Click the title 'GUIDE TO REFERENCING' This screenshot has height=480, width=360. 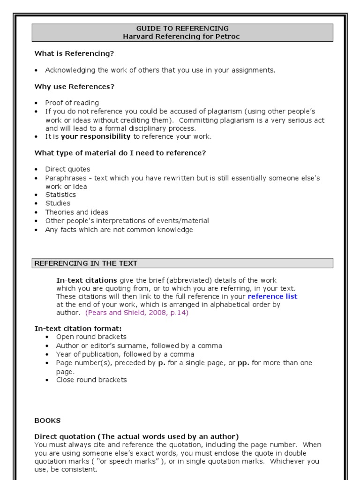(182, 29)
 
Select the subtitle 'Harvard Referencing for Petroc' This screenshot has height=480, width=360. (182, 37)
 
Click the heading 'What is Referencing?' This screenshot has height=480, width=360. (74, 53)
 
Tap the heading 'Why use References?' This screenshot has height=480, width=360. (75, 87)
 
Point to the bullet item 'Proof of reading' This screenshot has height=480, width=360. (72, 103)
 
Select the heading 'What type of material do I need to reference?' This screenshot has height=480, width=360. (120, 153)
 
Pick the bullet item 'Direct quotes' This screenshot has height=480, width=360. (67, 169)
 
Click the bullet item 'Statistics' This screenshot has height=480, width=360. (60, 195)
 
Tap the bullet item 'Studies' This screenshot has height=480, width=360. (58, 203)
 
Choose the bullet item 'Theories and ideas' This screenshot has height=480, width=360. (76, 212)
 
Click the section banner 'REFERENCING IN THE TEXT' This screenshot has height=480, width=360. (86, 263)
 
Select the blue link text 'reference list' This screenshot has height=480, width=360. (272, 296)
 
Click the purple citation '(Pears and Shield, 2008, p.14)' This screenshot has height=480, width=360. (137, 313)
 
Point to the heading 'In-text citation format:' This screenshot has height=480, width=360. (78, 329)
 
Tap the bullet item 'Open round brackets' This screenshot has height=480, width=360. (91, 337)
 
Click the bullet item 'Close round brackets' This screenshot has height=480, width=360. (91, 380)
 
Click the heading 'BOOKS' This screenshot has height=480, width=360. (47, 420)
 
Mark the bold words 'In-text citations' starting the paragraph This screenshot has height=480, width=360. (87, 280)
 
